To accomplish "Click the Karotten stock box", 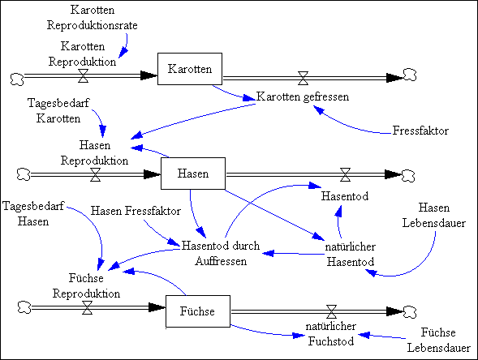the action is point(190,69).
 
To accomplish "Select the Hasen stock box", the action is point(193,174).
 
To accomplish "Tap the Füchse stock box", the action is point(198,311).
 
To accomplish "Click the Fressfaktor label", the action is point(420,131).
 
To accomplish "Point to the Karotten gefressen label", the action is point(303,96).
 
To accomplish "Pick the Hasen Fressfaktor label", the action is point(136,211).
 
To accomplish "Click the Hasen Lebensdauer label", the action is point(434,216).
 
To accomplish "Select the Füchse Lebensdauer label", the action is point(439,340).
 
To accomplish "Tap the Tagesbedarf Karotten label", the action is point(58,110).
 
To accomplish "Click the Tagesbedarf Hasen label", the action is point(33,213).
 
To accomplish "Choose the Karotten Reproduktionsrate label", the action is point(92,17).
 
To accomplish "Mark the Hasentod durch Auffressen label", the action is point(221,254).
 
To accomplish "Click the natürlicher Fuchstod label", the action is point(331,333).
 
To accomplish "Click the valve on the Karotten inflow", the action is point(84,76).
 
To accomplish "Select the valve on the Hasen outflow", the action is point(345,175).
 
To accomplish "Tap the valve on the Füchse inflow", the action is point(88,307).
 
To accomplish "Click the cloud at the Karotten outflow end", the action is point(410,75).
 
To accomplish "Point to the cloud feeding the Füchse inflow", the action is point(24,307).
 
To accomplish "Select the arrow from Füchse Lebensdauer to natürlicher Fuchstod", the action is point(381,336).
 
